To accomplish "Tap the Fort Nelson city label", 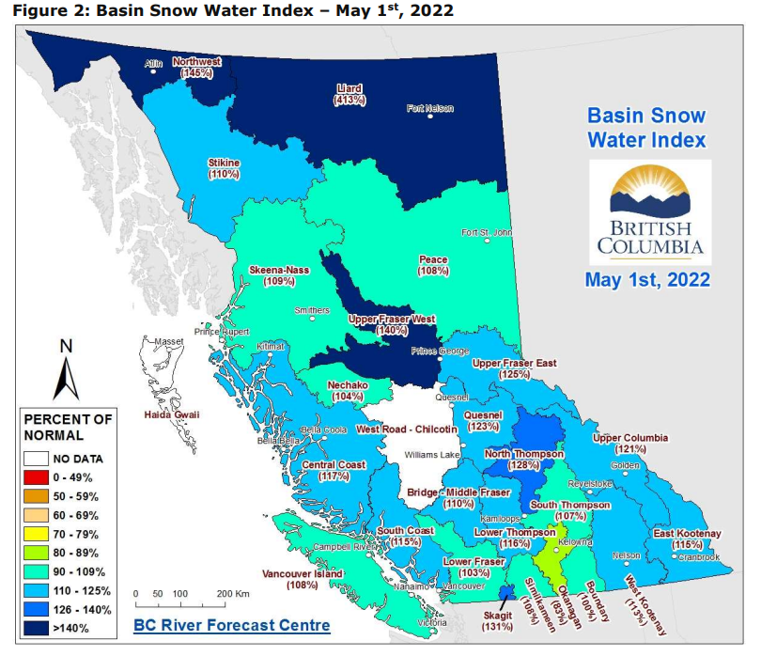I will tap(429, 109).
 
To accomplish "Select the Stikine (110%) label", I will tap(224, 168).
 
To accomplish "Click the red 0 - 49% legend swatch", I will tap(37, 477).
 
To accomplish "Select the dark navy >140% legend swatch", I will tap(37, 628).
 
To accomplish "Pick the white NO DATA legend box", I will tap(37, 459).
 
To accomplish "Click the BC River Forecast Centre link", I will tap(231, 625).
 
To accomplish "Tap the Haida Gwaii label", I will tap(170, 414).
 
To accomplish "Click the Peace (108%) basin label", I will tap(433, 265).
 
